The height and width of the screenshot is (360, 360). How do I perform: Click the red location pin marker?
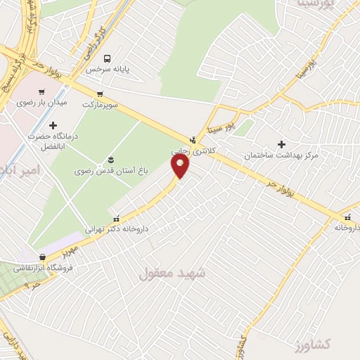tap(180, 165)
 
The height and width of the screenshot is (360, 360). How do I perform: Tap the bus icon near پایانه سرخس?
tap(108, 59)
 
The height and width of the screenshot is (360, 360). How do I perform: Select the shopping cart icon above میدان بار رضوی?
tap(41, 92)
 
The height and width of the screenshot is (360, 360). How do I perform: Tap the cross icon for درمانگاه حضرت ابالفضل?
tap(53, 125)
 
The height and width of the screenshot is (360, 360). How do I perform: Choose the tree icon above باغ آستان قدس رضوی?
tap(110, 160)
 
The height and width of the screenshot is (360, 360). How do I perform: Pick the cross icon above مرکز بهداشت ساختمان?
tap(281, 144)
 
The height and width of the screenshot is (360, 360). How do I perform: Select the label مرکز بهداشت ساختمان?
tap(281, 155)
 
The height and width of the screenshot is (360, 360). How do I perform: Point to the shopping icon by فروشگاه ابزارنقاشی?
tap(44, 257)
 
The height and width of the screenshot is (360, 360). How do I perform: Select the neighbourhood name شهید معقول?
tap(172, 272)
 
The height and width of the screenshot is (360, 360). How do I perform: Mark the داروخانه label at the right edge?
tap(347, 227)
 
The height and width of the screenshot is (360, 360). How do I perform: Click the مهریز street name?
tap(67, 250)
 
